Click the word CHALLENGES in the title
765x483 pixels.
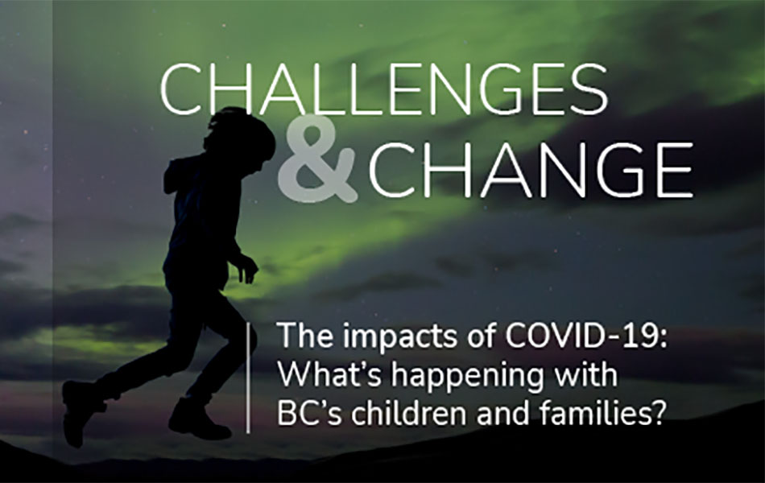tap(384, 89)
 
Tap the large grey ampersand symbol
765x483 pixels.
tap(317, 159)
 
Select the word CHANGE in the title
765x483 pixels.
tap(531, 170)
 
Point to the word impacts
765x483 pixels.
tap(398, 337)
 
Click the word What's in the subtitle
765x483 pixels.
tap(330, 374)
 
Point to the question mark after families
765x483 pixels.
tap(659, 413)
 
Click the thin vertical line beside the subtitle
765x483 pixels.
tap(248, 378)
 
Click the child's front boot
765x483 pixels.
tap(199, 419)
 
